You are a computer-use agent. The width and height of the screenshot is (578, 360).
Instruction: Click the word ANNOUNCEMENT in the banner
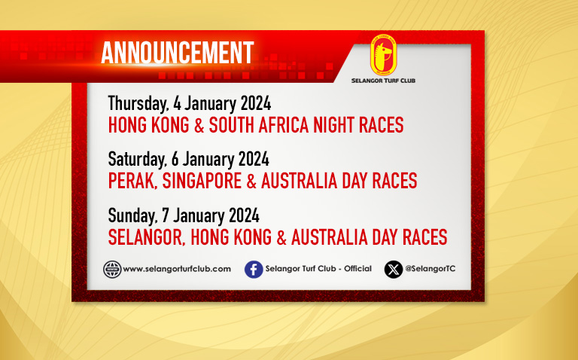point(178,53)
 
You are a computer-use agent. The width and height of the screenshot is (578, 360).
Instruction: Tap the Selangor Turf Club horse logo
point(383,55)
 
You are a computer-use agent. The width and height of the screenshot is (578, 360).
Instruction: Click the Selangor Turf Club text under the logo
point(383,81)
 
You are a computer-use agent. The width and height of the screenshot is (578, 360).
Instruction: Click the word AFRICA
point(283,125)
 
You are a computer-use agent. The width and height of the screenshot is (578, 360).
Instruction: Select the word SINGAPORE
point(202,181)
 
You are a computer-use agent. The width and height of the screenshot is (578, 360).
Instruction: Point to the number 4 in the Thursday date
point(177,104)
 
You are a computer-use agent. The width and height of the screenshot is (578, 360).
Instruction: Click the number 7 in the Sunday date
point(166,215)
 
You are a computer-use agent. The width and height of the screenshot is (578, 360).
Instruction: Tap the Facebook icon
point(254,270)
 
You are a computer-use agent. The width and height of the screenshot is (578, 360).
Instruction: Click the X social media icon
point(394,270)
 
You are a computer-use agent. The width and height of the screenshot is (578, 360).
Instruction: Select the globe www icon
point(112,270)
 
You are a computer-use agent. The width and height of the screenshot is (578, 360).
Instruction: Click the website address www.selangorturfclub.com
point(177,270)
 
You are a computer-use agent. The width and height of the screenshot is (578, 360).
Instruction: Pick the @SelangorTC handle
point(430,269)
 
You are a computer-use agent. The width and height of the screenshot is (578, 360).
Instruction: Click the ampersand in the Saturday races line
point(251,181)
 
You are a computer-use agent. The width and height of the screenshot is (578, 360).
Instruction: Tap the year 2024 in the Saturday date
point(254,160)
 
